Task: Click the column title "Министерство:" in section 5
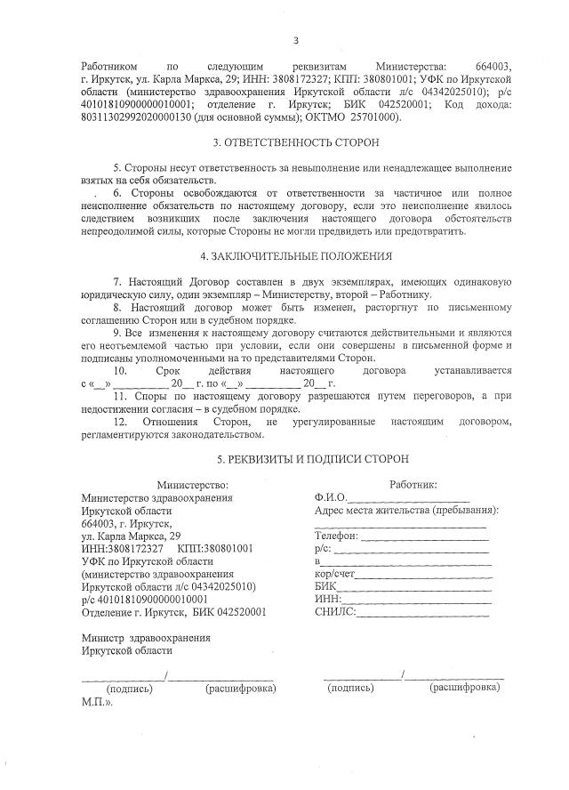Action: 193,485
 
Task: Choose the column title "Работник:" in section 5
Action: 413,485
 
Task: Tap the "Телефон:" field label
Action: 336,536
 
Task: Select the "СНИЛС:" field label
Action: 335,612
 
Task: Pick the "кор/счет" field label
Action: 334,575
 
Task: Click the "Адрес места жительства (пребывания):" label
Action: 406,511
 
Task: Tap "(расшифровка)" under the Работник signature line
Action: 465,688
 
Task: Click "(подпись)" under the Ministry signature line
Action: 130,689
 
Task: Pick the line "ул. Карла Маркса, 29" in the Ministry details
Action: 131,536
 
